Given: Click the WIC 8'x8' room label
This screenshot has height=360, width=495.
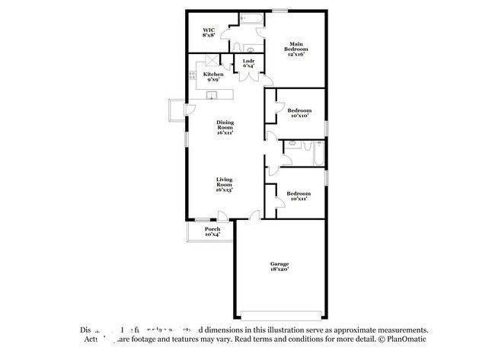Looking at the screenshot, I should point(209,32).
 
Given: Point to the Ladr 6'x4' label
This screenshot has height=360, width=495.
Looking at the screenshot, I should point(248,63).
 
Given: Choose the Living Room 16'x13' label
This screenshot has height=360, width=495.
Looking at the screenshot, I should point(224,184).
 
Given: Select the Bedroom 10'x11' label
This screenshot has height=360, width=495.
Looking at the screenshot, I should point(299,196).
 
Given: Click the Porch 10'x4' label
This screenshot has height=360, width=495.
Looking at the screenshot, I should point(212,231).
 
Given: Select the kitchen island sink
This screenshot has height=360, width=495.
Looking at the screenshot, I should point(214,95).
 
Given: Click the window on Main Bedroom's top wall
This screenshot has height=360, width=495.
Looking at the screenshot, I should point(280,10).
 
